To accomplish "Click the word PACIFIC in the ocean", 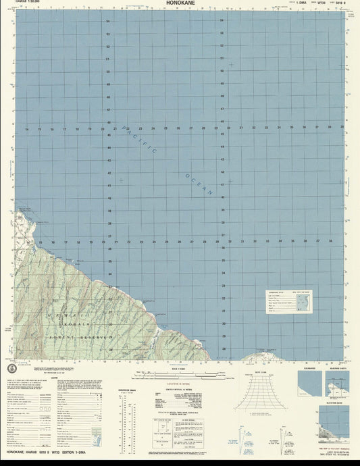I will click(140, 141).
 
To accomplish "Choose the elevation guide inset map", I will click(330, 419).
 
